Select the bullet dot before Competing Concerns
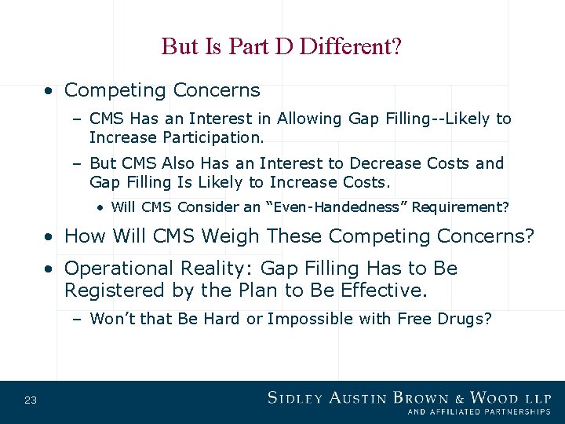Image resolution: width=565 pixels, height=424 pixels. coord(49,91)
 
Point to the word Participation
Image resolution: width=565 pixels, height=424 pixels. coord(213,138)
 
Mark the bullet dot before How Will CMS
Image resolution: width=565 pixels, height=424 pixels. coord(49,236)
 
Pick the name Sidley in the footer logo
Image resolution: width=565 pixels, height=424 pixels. coord(296,397)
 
